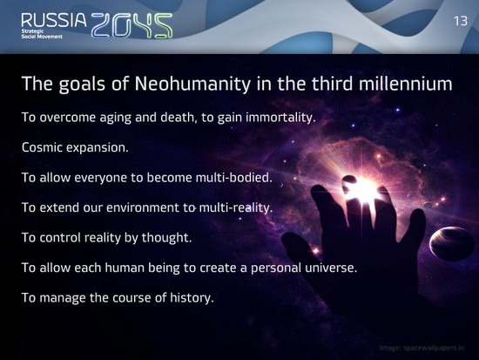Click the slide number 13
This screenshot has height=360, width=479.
pos(461,21)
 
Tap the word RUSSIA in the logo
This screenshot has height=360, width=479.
pos(54,20)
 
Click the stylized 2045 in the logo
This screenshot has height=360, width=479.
pos(132,25)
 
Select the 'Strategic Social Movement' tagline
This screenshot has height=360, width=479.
pos(42,34)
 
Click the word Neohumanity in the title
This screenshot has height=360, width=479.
pos(192,84)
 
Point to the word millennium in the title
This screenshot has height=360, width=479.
pos(405,84)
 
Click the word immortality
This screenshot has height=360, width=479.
pos(280,118)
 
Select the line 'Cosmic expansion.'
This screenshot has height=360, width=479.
pos(75,147)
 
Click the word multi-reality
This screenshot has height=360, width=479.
pos(235,207)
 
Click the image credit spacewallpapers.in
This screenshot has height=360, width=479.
pos(422,348)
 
